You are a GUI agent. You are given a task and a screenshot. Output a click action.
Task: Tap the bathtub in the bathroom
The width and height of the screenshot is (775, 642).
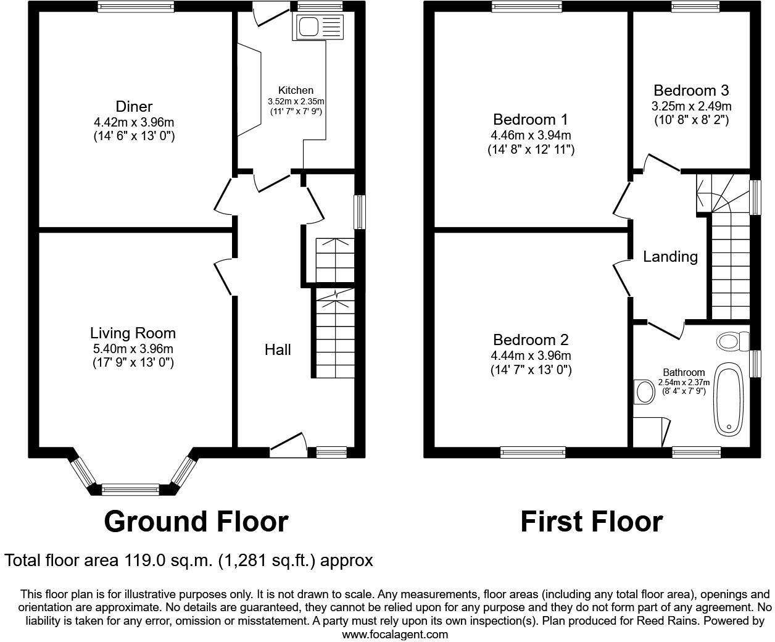pyautogui.click(x=729, y=401)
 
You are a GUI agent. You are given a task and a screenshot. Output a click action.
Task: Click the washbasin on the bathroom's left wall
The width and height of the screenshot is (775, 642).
pyautogui.click(x=645, y=391)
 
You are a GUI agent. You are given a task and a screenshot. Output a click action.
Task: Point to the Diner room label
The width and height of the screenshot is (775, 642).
pyautogui.click(x=134, y=106)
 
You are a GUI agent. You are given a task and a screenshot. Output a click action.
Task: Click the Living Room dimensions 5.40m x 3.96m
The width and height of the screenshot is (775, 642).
pyautogui.click(x=133, y=348)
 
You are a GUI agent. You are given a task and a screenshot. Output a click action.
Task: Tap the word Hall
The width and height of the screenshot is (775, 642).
pyautogui.click(x=278, y=350)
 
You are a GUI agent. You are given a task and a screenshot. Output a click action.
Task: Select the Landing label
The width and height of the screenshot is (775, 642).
pyautogui.click(x=670, y=256)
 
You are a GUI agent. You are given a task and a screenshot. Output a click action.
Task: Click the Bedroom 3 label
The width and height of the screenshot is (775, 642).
pyautogui.click(x=691, y=91)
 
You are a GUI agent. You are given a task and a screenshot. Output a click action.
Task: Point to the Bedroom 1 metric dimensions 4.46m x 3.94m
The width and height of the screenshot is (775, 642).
pyautogui.click(x=530, y=135)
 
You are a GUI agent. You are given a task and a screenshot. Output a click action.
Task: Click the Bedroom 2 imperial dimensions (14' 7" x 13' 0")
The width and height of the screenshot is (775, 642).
pyautogui.click(x=531, y=370)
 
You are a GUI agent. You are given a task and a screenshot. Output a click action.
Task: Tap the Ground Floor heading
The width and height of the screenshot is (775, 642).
pyautogui.click(x=196, y=522)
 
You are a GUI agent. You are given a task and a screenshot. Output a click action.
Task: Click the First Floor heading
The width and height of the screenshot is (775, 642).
pyautogui.click(x=591, y=522)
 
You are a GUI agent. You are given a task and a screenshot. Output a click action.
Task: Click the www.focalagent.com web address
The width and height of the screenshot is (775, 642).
pyautogui.click(x=395, y=634)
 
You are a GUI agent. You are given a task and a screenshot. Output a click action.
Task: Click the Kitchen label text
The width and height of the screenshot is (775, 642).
pyautogui.click(x=296, y=90)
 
